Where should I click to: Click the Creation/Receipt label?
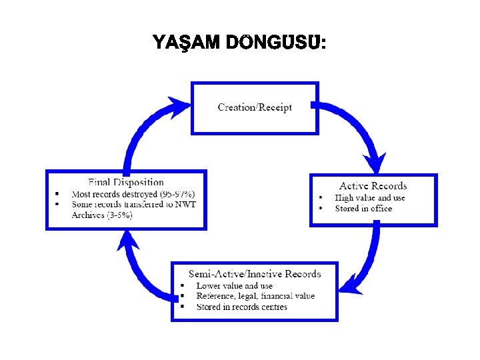click(255, 107)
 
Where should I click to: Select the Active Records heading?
click(373, 185)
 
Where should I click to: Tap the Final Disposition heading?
click(126, 181)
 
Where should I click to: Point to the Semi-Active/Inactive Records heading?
click(255, 274)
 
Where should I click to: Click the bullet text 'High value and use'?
click(370, 197)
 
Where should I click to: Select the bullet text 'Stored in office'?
click(363, 209)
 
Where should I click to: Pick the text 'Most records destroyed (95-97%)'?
click(133, 193)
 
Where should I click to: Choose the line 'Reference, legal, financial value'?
click(255, 296)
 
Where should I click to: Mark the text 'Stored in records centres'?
click(241, 307)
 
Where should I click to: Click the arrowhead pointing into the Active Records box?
click(376, 163)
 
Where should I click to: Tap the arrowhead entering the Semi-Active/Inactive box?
click(347, 289)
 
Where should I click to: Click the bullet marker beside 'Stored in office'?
click(320, 209)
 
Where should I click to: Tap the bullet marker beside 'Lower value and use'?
click(181, 285)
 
